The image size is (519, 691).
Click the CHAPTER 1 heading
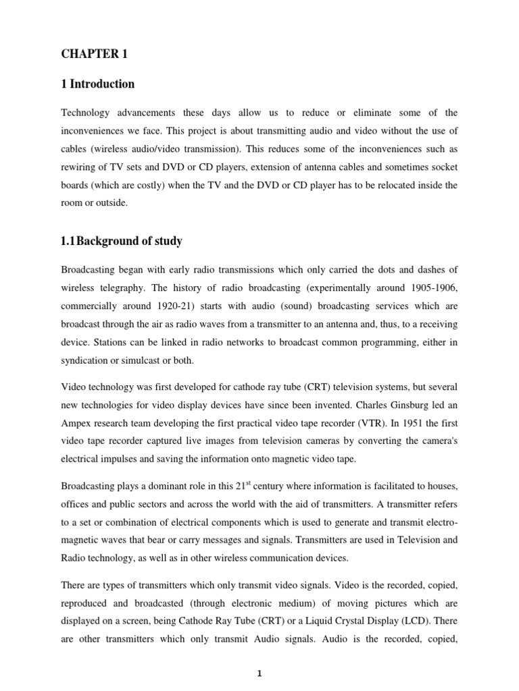tap(94, 55)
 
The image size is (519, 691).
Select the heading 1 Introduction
tap(97, 84)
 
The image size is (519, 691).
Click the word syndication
tap(86, 360)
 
